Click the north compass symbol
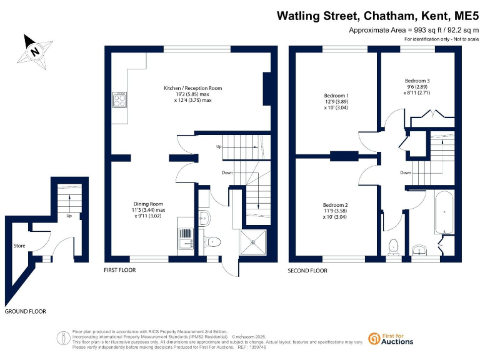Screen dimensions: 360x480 [x=35, y=49]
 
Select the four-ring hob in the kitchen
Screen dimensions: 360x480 [x=120, y=99]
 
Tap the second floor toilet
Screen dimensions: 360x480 [x=394, y=244]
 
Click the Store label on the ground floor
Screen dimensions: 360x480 [x=19, y=246]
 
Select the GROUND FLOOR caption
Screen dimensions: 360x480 [x=25, y=311]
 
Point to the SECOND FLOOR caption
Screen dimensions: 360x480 [x=307, y=271]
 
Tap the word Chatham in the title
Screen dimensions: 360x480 [x=387, y=15]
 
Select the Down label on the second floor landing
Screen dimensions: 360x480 [x=406, y=172]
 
